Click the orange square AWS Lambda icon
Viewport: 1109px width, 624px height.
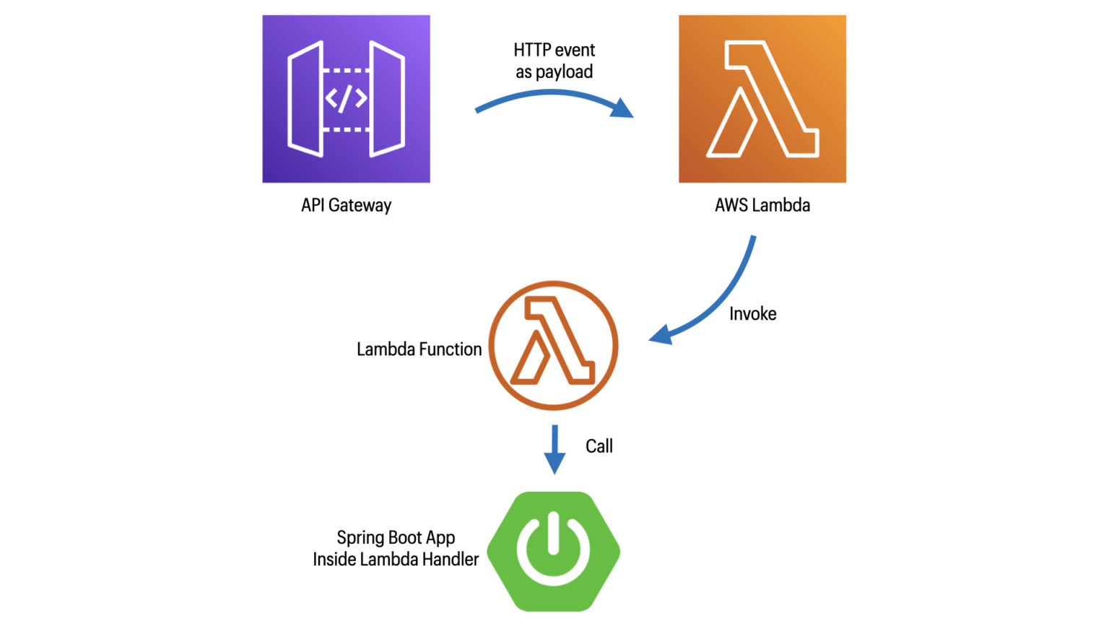(762, 99)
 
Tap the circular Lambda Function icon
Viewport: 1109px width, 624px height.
(553, 345)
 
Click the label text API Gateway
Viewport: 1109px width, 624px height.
(346, 205)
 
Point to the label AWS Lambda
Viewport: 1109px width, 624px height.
(762, 205)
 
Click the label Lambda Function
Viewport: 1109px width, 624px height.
(419, 350)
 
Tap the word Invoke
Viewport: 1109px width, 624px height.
(752, 313)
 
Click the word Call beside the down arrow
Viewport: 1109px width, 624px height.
(599, 446)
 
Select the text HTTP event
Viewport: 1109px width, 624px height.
(554, 50)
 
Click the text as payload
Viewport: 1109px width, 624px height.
(554, 71)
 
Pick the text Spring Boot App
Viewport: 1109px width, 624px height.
(396, 537)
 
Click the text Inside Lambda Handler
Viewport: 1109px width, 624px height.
(396, 559)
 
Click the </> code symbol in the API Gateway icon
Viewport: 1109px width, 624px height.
(346, 99)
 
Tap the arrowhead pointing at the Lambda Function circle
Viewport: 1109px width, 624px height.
(661, 335)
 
